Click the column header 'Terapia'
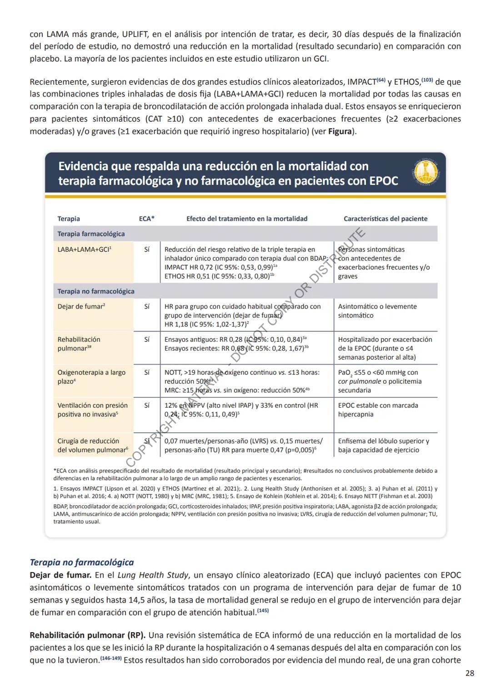tap(69, 218)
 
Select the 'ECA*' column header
tap(146, 218)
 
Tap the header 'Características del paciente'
tap(385, 218)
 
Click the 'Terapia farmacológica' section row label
tap(91, 234)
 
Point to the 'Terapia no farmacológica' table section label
tap(96, 291)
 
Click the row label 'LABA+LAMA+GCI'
tap(84, 249)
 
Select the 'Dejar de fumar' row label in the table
tap(81, 306)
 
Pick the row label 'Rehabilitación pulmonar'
tap(79, 344)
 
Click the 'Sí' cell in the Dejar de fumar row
tap(147, 307)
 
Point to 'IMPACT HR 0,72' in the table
tap(189, 267)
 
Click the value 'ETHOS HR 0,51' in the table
tap(187, 276)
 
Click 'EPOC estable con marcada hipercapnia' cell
tap(378, 410)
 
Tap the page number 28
tap(470, 673)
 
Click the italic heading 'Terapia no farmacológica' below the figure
tap(81, 563)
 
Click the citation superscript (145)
tap(263, 611)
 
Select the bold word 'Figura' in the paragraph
tap(340, 132)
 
